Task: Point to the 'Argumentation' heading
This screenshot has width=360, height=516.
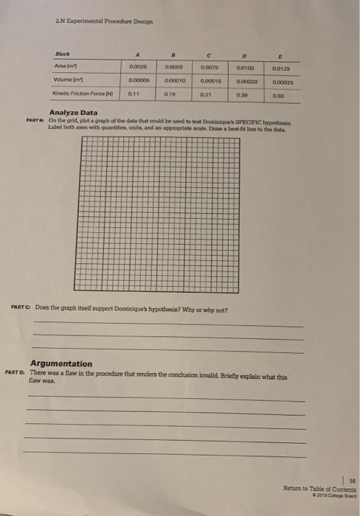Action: pyautogui.click(x=61, y=363)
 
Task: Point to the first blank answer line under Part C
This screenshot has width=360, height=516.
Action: pyautogui.click(x=167, y=327)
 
